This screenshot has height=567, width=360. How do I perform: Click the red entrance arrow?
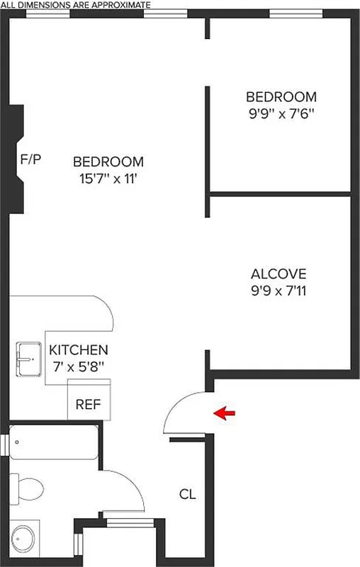(x=226, y=413)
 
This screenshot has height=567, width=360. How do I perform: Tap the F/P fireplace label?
(x=30, y=159)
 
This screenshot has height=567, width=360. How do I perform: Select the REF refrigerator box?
(x=89, y=405)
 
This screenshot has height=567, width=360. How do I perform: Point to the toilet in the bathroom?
(x=28, y=487)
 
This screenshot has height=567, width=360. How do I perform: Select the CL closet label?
(x=187, y=493)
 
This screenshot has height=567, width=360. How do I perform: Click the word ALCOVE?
(x=279, y=274)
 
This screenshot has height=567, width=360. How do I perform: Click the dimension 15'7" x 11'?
(x=108, y=178)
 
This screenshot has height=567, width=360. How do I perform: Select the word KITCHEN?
(x=79, y=350)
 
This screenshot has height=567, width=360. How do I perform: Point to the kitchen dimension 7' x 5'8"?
(x=79, y=366)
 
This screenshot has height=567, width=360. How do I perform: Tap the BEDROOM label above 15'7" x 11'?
(x=108, y=162)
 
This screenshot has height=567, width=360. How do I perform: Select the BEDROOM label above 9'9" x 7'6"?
(x=281, y=96)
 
